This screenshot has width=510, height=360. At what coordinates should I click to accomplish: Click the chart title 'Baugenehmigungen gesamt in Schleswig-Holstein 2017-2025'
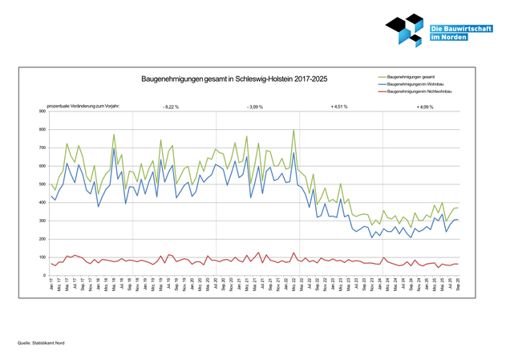pos(234,79)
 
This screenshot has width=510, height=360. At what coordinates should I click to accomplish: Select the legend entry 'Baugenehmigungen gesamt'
pos(412,76)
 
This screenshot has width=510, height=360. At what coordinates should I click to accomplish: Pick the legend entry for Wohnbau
pos(416,83)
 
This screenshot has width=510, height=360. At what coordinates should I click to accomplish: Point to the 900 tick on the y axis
pos(42,111)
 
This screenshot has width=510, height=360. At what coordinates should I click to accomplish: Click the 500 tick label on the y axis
pos(42,184)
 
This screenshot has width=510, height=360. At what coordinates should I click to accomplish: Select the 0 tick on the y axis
pos(44,276)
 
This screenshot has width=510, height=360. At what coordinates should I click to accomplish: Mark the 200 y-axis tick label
pos(42,239)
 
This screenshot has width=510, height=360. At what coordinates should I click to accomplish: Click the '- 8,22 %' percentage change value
pos(171,106)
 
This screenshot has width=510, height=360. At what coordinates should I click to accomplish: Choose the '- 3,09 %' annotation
pos(255,106)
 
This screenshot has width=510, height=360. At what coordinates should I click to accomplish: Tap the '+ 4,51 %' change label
pos(339,106)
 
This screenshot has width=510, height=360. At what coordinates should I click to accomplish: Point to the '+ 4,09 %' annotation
pos(424,106)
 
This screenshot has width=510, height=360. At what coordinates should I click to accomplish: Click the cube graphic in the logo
pos(405,30)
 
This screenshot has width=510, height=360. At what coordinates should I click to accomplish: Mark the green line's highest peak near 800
pos(293,130)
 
